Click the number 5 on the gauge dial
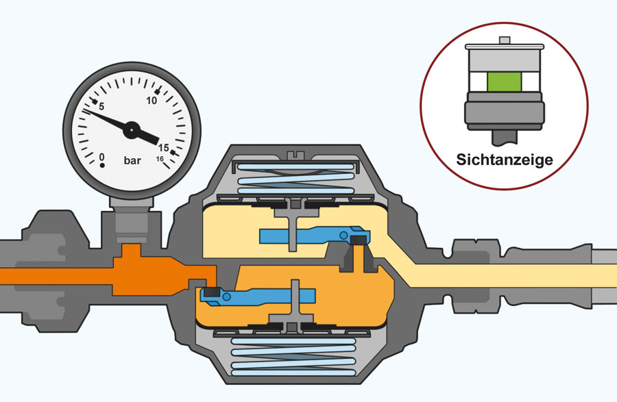tap(101, 107)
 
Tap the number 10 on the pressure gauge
tap(152, 101)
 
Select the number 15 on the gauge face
tap(164, 148)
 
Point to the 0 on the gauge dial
tap(102, 158)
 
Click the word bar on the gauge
tap(132, 160)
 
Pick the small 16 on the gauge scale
tap(160, 159)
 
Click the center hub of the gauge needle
tap(132, 129)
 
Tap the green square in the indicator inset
tap(505, 81)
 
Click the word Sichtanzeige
tap(505, 160)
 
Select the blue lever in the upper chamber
tap(311, 235)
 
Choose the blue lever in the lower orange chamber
tap(258, 295)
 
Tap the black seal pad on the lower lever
tap(211, 292)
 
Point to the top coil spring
tap(296, 179)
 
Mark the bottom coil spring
tap(293, 356)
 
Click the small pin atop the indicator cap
tap(505, 40)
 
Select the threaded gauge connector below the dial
tap(132, 225)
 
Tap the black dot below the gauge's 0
tap(102, 166)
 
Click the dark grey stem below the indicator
tap(504, 137)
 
